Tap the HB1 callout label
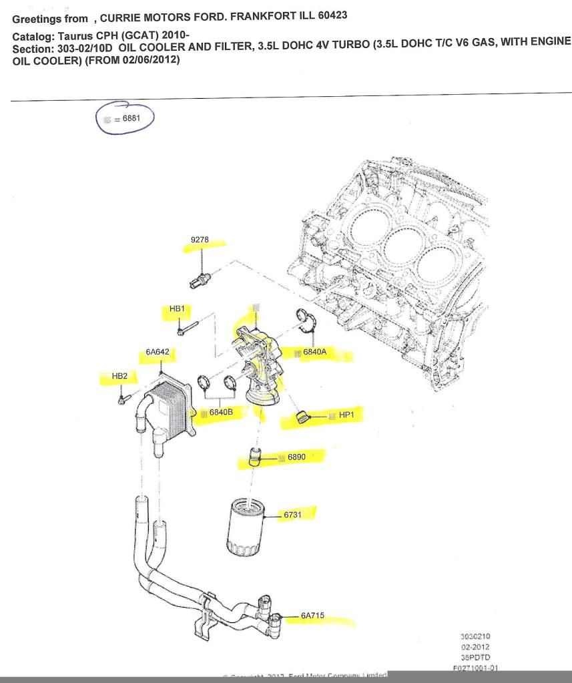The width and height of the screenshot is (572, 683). click(177, 309)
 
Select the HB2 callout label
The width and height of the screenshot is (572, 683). click(119, 377)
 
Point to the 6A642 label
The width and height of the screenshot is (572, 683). click(157, 352)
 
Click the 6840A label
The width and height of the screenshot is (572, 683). click(314, 351)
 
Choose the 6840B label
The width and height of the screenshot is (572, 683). click(221, 413)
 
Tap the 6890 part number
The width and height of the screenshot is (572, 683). click(296, 457)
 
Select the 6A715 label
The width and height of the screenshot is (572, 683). click(312, 616)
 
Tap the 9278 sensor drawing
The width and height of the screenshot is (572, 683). click(200, 276)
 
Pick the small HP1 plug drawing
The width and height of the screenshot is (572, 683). click(304, 418)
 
